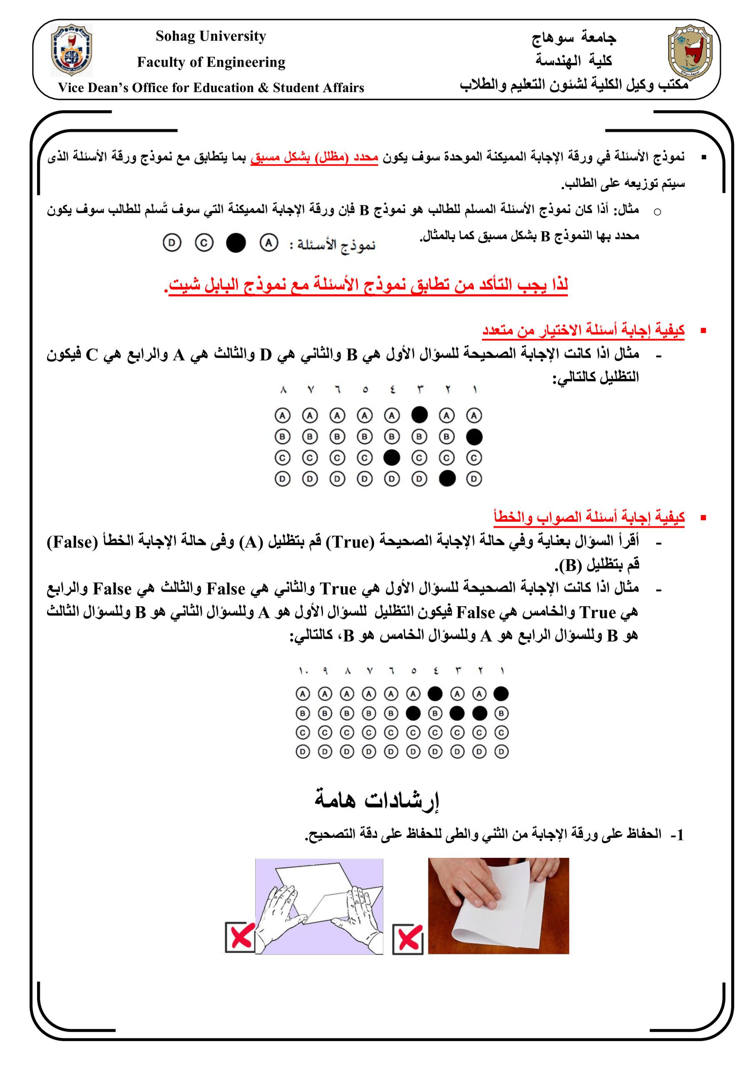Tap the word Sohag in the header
[175, 36]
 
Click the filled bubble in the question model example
[235, 243]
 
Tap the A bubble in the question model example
[269, 243]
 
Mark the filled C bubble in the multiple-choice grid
[392, 458]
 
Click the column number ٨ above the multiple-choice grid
[283, 391]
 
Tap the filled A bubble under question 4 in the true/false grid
[435, 694]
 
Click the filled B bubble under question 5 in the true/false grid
[413, 713]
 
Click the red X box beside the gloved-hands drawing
[239, 936]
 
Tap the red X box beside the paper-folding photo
[407, 938]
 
